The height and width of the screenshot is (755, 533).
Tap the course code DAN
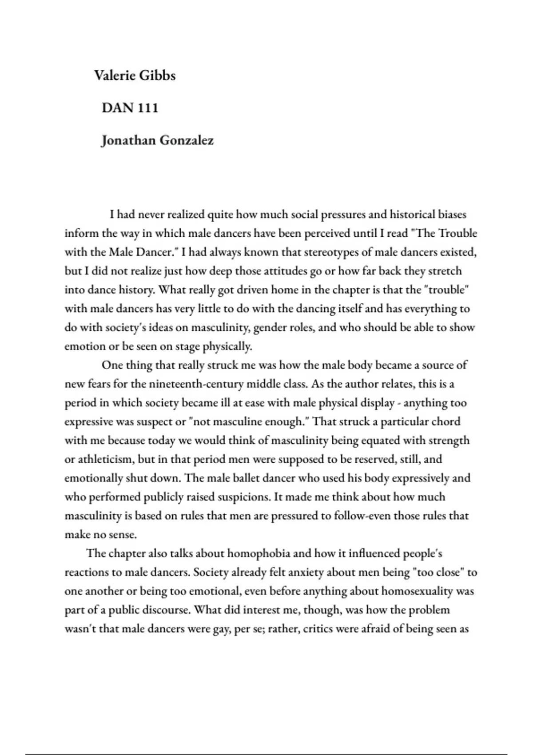pyautogui.click(x=117, y=108)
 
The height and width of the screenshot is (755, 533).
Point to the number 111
pyautogui.click(x=148, y=108)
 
